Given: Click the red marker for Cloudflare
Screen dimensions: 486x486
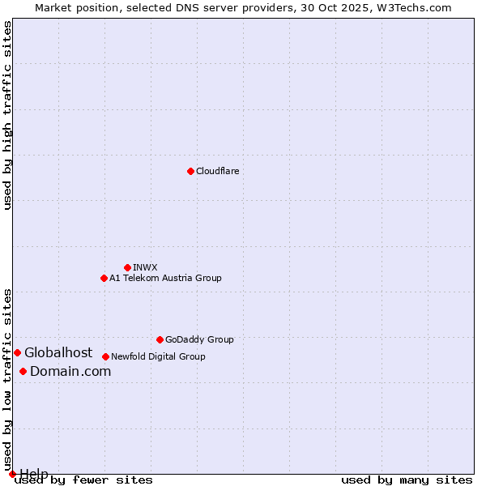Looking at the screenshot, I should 190,171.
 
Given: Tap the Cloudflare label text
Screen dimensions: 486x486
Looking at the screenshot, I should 217,171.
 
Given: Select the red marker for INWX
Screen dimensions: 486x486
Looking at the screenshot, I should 127,267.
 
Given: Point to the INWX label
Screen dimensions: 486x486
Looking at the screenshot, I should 145,267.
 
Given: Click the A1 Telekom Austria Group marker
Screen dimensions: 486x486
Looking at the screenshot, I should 104,278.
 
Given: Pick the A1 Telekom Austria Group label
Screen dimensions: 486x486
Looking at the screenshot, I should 165,278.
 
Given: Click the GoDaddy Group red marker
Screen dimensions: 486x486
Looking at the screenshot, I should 160,339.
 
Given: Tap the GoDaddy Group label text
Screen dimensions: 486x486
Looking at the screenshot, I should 199,339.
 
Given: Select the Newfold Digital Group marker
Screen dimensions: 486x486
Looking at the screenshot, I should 105,356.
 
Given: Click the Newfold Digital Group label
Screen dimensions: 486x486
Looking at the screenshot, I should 158,356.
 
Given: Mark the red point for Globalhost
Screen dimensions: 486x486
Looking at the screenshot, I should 17,352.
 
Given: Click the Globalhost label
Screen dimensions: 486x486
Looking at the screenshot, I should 58,352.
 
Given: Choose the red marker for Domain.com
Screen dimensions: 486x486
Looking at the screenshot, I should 23,371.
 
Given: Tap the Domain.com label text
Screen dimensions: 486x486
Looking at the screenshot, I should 70,371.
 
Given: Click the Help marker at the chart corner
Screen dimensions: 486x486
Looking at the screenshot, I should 12,474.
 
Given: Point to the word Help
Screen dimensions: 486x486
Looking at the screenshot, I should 34,473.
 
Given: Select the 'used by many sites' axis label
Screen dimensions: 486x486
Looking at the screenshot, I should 407,480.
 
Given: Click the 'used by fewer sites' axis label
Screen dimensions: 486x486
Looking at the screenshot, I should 83,480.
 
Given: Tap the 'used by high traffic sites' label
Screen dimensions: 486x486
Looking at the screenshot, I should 7,115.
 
